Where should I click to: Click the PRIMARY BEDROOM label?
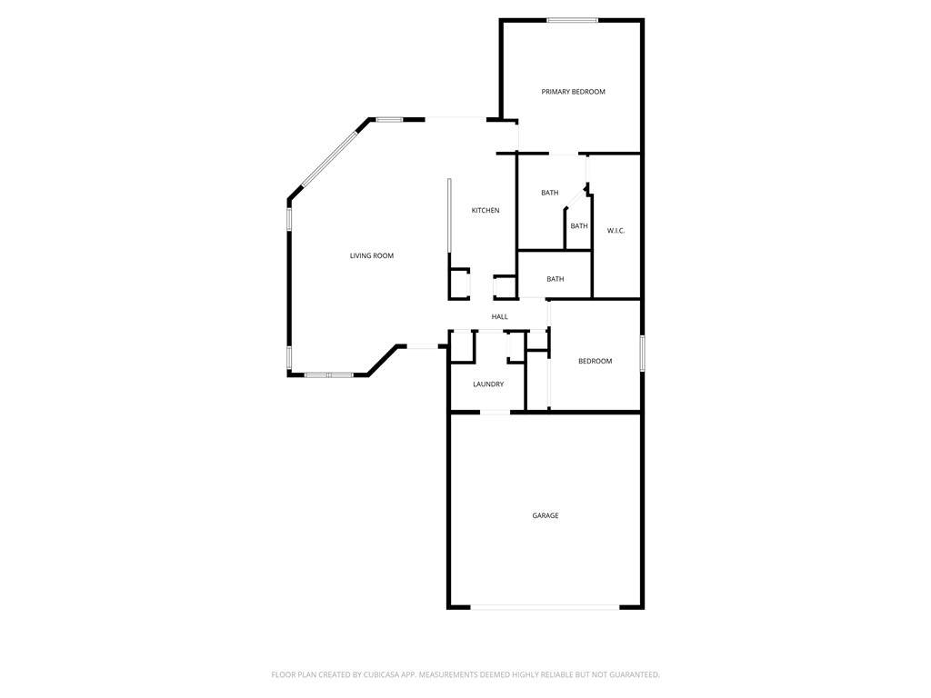coord(573,92)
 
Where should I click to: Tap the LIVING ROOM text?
coord(372,255)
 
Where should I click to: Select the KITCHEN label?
coord(486,210)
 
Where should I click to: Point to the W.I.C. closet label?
coord(616,230)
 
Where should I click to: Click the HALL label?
coord(499,317)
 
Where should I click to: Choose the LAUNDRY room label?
coord(488,384)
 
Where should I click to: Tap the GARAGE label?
coord(546,516)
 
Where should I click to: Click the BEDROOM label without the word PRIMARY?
coord(595,361)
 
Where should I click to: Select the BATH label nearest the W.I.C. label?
coord(579,225)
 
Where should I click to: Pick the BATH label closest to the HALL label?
coord(556,279)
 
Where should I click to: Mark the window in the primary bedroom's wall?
coord(573,20)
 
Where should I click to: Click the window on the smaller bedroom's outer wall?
coord(642,354)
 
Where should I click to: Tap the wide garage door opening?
coord(546,606)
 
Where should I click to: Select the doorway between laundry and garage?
coord(495,412)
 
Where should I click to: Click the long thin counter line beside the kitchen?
coord(449,215)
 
